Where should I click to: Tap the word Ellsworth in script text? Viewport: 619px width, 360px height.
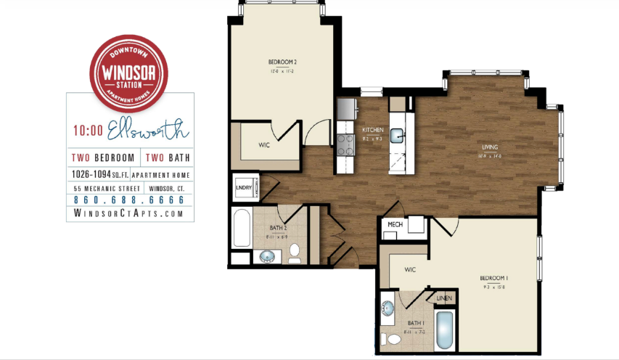[148, 132]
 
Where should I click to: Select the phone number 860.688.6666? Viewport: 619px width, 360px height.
[128, 200]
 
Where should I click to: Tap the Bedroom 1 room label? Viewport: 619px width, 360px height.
[493, 278]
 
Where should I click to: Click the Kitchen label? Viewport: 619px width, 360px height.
[372, 130]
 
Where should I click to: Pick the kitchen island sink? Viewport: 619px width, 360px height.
[398, 134]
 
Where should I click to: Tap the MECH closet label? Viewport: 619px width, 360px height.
[395, 225]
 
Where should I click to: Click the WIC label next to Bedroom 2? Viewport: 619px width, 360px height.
[264, 144]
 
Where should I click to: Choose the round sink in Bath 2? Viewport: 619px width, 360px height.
[269, 256]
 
